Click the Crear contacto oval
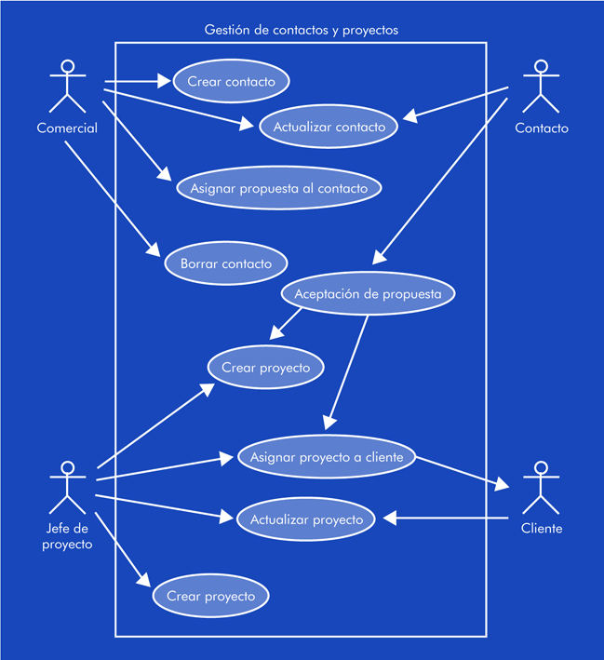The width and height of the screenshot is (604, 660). (x=231, y=82)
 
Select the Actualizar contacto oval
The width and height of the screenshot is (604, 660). (x=329, y=128)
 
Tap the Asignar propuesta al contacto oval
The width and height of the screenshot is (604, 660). (x=278, y=189)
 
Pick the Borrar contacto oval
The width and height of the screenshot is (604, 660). (x=226, y=263)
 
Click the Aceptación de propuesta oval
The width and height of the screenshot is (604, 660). (x=369, y=294)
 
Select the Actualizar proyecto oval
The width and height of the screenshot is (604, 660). (x=306, y=519)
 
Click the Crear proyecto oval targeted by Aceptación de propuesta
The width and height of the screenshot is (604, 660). (x=265, y=368)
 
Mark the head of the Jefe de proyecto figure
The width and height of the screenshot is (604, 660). (x=66, y=467)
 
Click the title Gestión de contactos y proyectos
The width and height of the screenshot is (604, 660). (x=301, y=30)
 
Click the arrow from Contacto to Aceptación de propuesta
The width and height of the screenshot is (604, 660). (x=441, y=177)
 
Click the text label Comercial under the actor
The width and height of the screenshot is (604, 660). (x=67, y=128)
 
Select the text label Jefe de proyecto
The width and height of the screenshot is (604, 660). (x=67, y=537)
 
